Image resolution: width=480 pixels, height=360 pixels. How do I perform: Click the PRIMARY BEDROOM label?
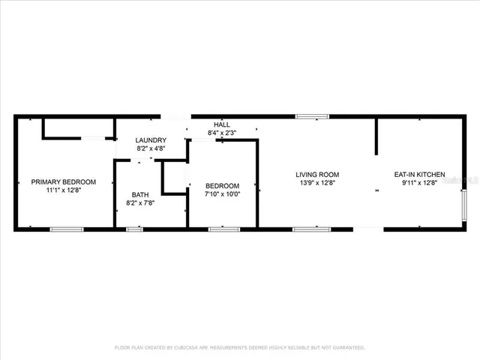click(x=63, y=182)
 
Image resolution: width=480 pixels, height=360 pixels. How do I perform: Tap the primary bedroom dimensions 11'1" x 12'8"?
click(x=63, y=190)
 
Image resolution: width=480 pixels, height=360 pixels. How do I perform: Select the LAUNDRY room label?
click(x=151, y=141)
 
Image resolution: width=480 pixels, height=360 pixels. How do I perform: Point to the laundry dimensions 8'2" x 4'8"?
click(x=151, y=148)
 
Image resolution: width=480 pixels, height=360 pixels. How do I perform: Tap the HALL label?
click(x=222, y=124)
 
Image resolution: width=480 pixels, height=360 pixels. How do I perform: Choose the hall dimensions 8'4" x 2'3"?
click(x=222, y=133)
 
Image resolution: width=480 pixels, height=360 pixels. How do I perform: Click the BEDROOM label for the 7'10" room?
click(x=222, y=186)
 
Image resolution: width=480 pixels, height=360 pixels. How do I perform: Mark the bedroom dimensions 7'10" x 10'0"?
click(x=222, y=194)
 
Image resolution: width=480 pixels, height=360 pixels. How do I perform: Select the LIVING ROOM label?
click(x=312, y=175)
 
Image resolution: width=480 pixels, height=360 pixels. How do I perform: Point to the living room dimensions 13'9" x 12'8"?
click(x=312, y=183)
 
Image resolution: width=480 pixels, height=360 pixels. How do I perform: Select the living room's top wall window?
click(x=310, y=116)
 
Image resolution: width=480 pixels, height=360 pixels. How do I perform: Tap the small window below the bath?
click(x=134, y=229)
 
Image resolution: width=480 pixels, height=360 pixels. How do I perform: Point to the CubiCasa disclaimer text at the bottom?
click(x=239, y=348)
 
